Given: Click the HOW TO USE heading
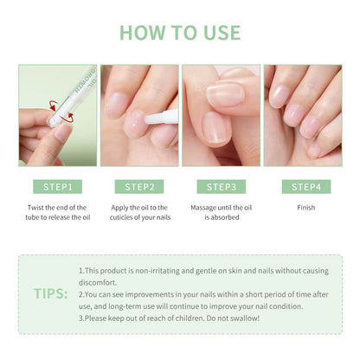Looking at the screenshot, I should point(180,33).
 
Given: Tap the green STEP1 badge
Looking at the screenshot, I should point(57,186).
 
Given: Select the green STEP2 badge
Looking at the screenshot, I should point(138,186).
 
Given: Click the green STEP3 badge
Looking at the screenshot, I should point(221,186).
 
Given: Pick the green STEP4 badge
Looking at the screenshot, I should point(304,186).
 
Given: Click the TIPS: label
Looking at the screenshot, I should point(51,293).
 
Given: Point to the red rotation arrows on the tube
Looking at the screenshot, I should point(56,107).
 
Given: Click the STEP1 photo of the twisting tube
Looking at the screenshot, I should point(57,115).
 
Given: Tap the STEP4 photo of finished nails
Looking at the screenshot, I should point(304,115).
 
